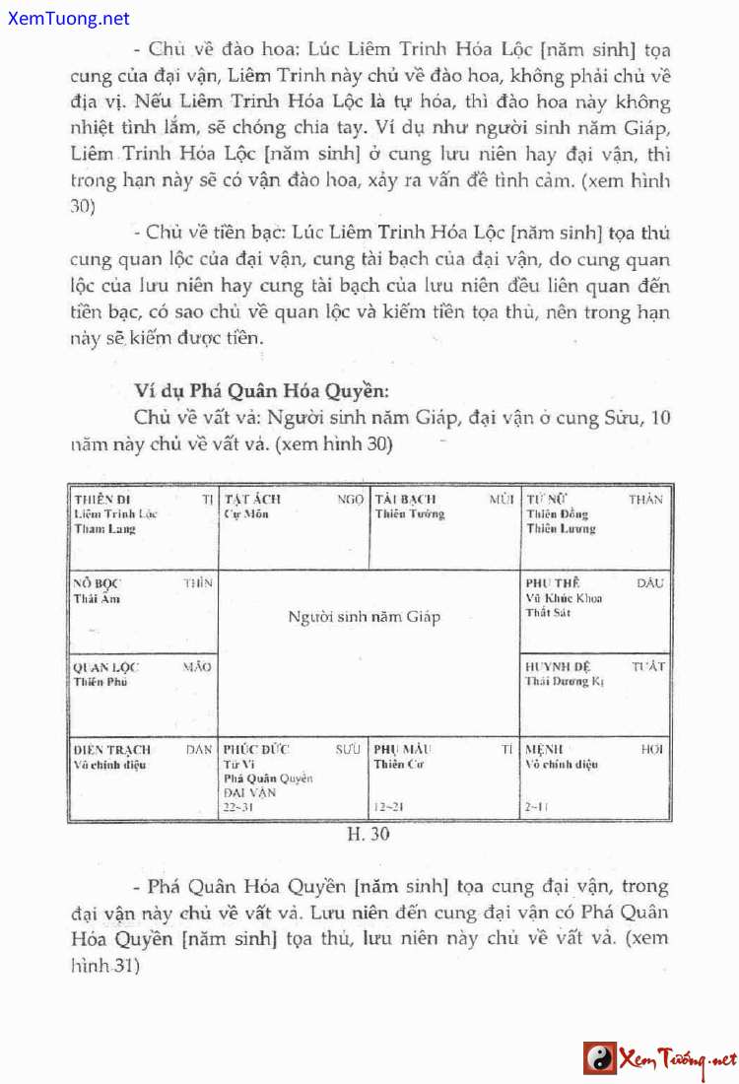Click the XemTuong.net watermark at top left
coord(66,18)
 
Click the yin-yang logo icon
coord(599,1058)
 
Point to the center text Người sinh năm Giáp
coord(365,617)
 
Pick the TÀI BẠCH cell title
coord(405,500)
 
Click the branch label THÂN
coord(645,500)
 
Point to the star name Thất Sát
coord(549,612)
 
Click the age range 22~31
coord(237,807)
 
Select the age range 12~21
coord(389,807)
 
